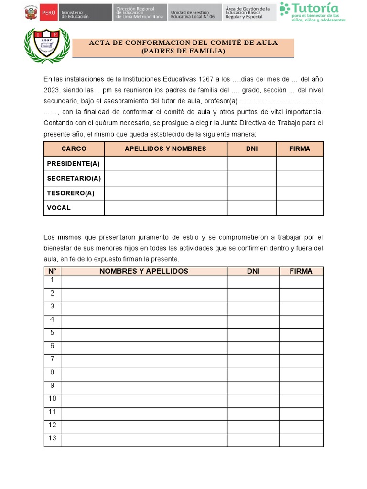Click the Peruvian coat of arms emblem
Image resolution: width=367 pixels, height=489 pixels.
(31, 12)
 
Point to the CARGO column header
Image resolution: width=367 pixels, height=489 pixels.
(74, 149)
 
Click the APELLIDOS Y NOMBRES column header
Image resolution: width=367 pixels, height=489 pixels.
(165, 149)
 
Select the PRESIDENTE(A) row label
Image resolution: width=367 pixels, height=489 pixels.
(74, 164)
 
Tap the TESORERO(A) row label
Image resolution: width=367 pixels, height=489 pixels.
(71, 193)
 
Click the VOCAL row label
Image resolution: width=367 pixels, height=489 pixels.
(59, 208)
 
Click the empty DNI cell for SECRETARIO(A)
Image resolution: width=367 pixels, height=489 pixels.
(252, 179)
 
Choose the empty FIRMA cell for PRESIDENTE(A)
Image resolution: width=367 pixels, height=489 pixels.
(300, 164)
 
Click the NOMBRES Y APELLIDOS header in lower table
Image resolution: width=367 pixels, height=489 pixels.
(144, 271)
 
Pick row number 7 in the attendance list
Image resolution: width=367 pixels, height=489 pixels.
(53, 359)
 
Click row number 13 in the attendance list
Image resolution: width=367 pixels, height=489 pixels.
(53, 438)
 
